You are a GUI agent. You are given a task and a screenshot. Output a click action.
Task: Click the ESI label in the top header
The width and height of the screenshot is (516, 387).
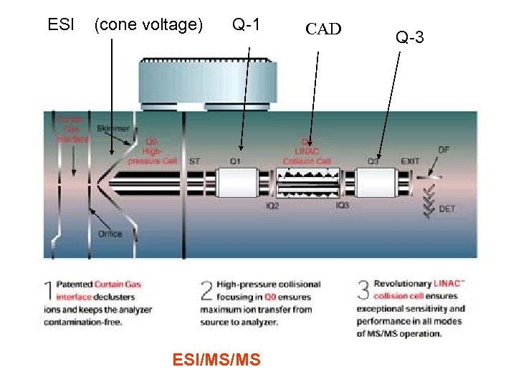pyautogui.click(x=60, y=25)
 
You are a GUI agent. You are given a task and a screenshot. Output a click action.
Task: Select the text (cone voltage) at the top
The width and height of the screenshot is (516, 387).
pyautogui.click(x=148, y=25)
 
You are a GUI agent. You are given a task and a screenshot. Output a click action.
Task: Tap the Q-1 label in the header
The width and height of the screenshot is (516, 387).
pyautogui.click(x=246, y=25)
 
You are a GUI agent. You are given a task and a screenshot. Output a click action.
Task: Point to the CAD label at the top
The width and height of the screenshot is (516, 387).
pyautogui.click(x=324, y=29)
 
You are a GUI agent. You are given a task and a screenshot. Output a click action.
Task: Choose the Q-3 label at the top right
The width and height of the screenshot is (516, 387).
pyautogui.click(x=409, y=37)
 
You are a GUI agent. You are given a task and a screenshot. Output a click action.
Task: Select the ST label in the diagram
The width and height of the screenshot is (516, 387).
pyautogui.click(x=194, y=162)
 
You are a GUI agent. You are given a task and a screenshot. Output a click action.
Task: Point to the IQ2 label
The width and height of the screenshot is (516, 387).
pyautogui.click(x=273, y=206)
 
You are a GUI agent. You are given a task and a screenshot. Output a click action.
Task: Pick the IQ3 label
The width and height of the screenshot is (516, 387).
pyautogui.click(x=343, y=206)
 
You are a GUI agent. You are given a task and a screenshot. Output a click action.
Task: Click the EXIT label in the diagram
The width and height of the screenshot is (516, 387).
pyautogui.click(x=411, y=162)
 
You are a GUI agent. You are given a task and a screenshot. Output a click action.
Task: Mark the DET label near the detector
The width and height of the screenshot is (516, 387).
pyautogui.click(x=446, y=209)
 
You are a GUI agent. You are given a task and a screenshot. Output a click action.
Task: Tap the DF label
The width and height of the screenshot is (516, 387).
pyautogui.click(x=444, y=150)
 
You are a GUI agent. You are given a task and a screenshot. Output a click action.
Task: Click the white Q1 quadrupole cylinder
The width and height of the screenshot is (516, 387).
pyautogui.click(x=239, y=183)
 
